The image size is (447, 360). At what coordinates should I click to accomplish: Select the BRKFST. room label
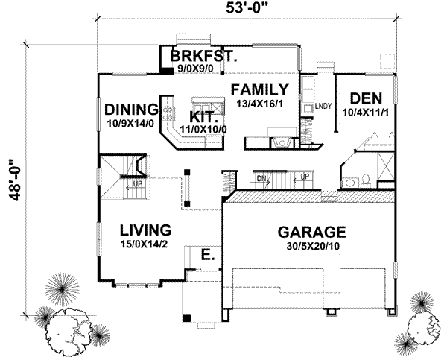pyautogui.click(x=203, y=56)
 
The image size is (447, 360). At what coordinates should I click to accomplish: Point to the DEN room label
pyautogui.click(x=361, y=98)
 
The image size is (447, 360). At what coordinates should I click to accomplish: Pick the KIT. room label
pyautogui.click(x=203, y=117)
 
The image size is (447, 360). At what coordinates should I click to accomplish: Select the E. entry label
pyautogui.click(x=208, y=256)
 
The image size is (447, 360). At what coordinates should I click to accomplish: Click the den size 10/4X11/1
pyautogui.click(x=361, y=112)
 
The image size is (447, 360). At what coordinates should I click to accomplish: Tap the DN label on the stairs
pyautogui.click(x=261, y=178)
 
